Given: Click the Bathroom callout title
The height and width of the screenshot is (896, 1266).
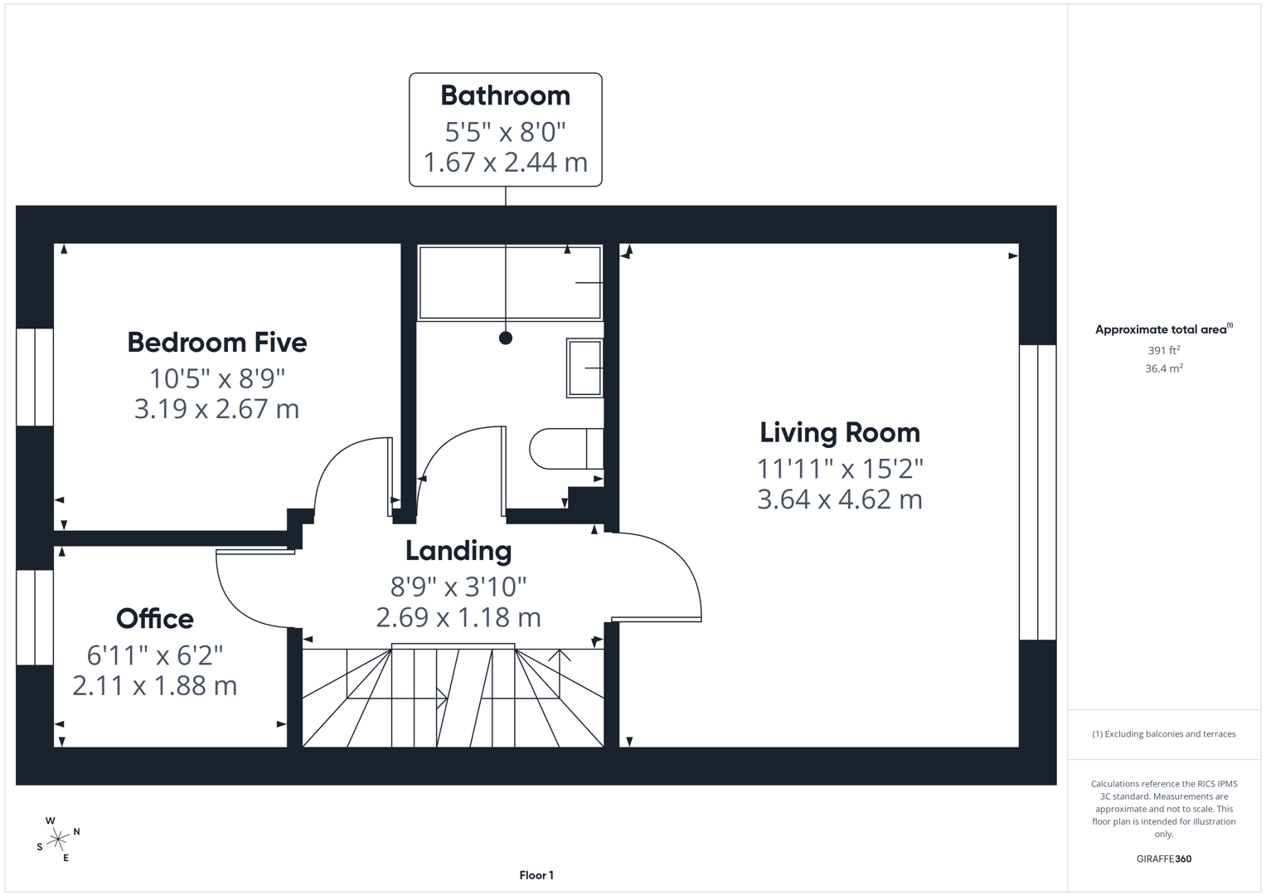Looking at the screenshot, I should (505, 95).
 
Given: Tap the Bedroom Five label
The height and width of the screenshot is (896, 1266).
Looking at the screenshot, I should (217, 342).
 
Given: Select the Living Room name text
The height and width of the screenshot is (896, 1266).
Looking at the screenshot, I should (839, 432).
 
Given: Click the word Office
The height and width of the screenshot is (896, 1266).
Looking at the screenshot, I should (155, 618).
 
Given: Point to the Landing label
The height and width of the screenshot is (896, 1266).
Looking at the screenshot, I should (458, 550).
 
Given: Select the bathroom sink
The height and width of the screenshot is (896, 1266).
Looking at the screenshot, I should (584, 368).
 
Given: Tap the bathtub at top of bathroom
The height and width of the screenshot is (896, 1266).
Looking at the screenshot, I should (509, 283).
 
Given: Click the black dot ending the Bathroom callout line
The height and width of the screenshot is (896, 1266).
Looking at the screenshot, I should (506, 338).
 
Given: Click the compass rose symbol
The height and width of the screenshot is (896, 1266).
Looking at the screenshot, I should (58, 840).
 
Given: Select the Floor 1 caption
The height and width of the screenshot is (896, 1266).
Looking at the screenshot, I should (536, 875).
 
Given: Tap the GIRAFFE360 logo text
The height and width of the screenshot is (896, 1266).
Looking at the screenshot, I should (1163, 859).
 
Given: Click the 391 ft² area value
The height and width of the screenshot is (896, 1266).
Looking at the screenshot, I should (1163, 351).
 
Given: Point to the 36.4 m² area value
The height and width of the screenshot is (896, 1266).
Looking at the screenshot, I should (1163, 368).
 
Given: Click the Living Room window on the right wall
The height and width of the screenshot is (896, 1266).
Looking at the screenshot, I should (1037, 492).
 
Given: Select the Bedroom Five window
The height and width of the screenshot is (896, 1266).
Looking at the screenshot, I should (35, 377).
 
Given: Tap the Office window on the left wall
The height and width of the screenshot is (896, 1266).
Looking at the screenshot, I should (35, 617).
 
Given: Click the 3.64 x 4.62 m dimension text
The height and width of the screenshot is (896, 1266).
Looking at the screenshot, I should (839, 499).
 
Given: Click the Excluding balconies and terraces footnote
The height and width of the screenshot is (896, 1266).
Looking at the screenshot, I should (1163, 734).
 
